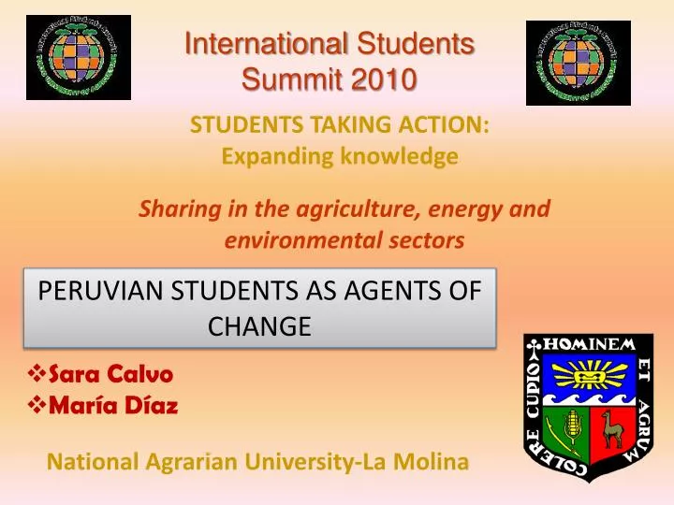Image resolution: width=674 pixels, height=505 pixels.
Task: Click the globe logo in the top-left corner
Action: point(78,58)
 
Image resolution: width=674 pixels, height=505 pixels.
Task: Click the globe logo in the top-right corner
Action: point(579,62)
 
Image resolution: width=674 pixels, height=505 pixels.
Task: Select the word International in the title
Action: point(247,43)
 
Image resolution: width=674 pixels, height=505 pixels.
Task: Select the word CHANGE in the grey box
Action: point(259,326)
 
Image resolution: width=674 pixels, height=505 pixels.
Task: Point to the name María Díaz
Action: point(110,406)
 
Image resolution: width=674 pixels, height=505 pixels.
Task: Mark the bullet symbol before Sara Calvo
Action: point(37,374)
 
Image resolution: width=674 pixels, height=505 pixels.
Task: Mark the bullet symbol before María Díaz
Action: point(37,406)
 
